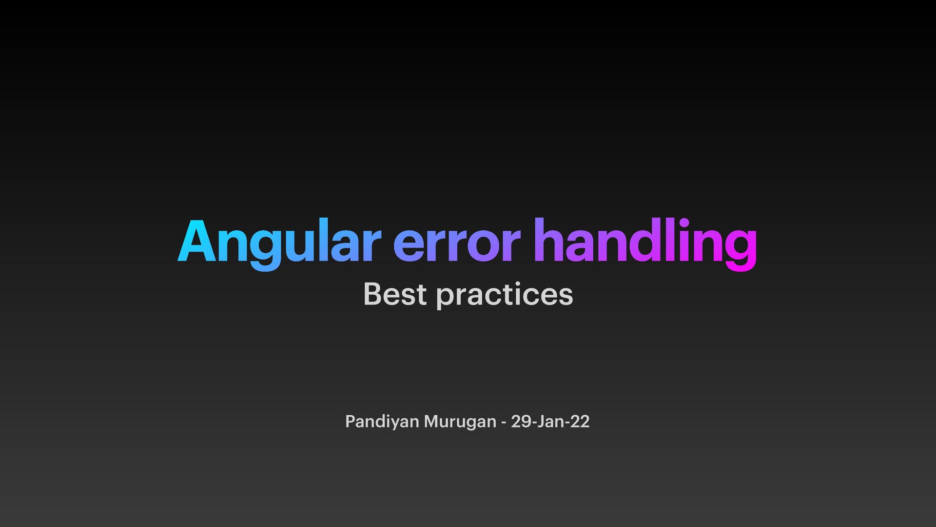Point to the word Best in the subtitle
click(395, 294)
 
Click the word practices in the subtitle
click(505, 295)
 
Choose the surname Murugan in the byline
click(460, 422)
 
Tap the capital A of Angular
click(196, 242)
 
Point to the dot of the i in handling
click(684, 223)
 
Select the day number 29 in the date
click(521, 421)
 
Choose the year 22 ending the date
click(580, 421)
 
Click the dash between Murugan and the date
click(504, 423)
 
